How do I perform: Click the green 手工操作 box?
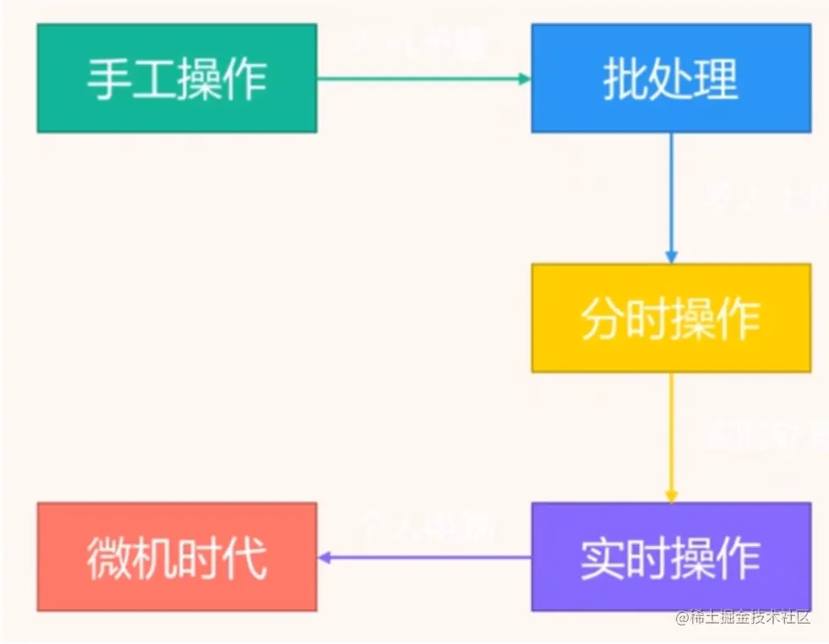(x=177, y=78)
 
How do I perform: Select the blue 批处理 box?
(x=670, y=78)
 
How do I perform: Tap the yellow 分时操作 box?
(x=670, y=318)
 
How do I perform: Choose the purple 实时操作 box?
(x=670, y=557)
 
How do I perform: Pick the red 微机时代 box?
(x=177, y=557)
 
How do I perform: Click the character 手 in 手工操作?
(x=109, y=79)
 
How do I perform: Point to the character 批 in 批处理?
(x=624, y=79)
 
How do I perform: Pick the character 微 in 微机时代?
(x=109, y=559)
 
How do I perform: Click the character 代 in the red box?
(x=245, y=559)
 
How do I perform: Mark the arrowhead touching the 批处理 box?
(x=525, y=79)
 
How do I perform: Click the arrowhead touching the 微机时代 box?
(x=324, y=557)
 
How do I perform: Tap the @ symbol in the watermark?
(x=682, y=618)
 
